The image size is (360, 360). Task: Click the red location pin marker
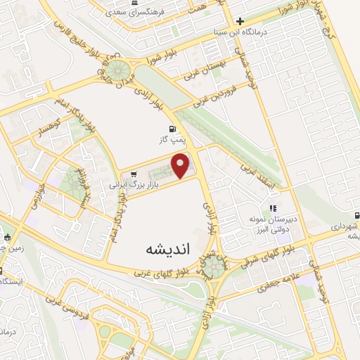point(182,167)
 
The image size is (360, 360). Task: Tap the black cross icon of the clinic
point(240,21)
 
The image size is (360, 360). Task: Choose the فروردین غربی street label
point(224,94)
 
